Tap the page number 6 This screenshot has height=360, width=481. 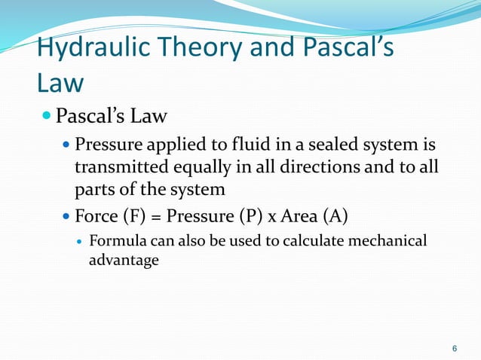454,348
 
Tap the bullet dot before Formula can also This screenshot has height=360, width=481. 79,242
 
